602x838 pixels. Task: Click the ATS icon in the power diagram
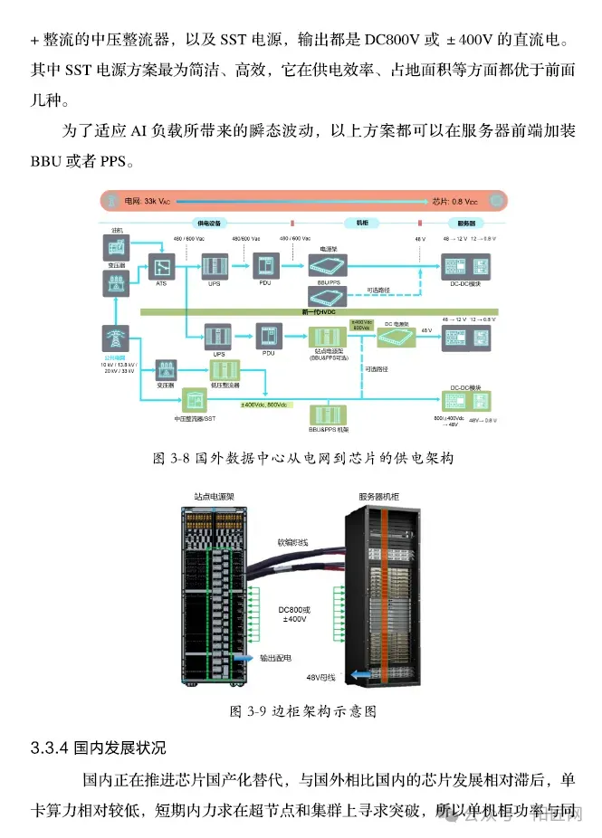161,266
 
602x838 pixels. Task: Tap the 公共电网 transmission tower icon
114,338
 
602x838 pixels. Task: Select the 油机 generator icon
117,245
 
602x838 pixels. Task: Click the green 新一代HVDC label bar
312,311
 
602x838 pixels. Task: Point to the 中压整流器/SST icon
194,399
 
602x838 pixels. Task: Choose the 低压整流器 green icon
223,370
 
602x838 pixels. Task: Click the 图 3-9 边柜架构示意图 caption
302,711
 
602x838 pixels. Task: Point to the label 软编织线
293,542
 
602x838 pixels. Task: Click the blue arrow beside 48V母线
360,674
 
